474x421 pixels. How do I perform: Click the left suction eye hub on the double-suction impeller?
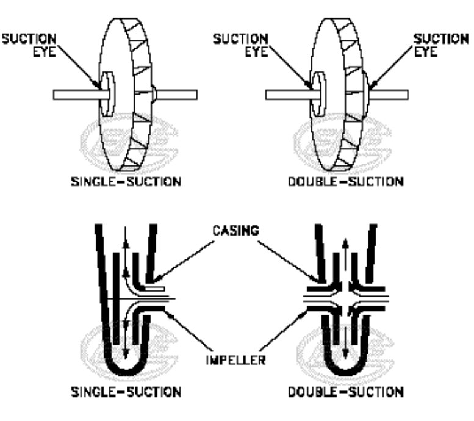[x=317, y=95]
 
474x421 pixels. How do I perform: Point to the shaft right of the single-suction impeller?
[x=177, y=95]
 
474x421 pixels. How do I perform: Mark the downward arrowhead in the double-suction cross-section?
[x=346, y=353]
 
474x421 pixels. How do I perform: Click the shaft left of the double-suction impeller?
[x=287, y=95]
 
